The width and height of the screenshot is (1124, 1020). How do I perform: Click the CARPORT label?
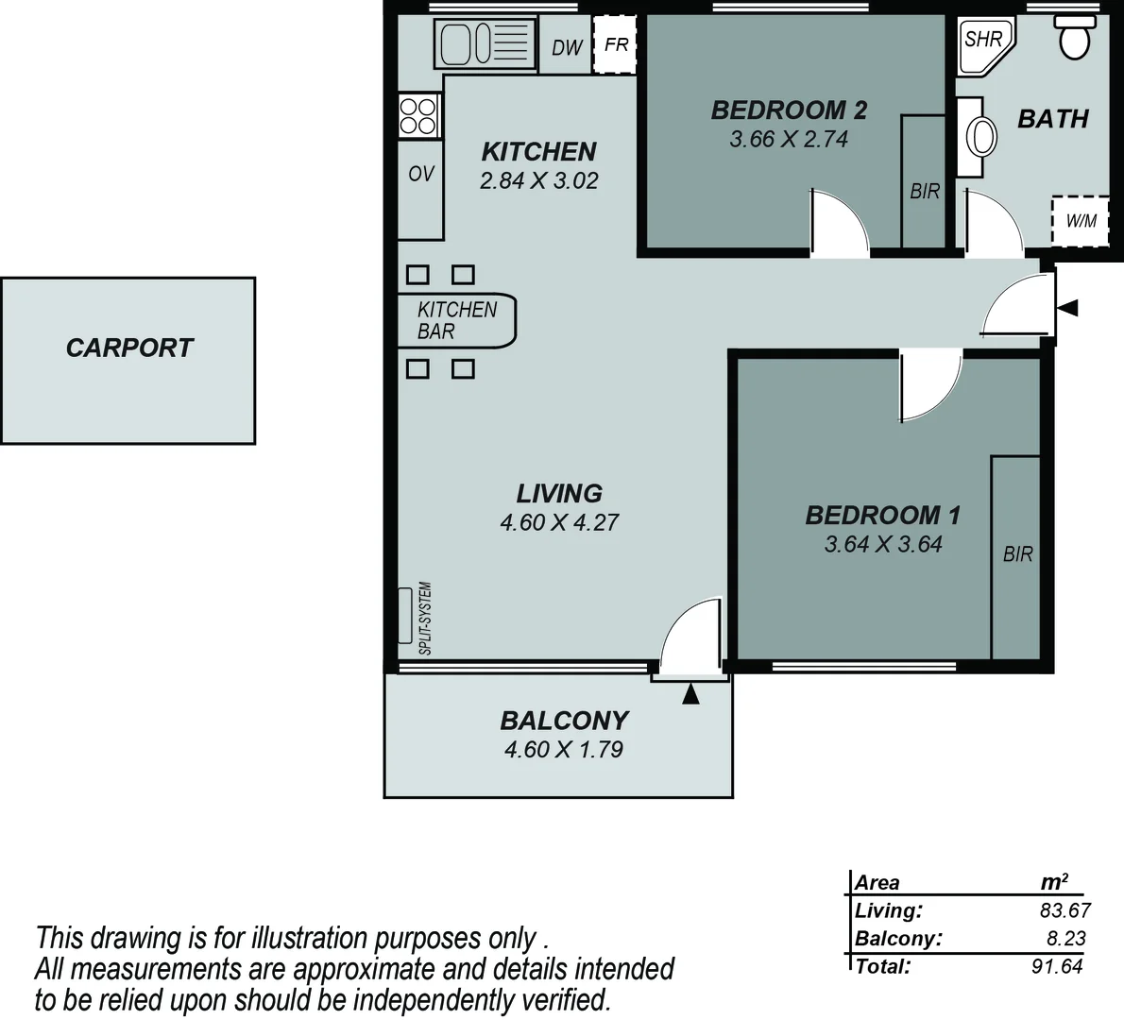[129, 348]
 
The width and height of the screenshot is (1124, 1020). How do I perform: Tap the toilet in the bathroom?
[1073, 38]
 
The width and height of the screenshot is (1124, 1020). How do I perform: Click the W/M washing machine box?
[1081, 221]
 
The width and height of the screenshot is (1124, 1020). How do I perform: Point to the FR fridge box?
[616, 44]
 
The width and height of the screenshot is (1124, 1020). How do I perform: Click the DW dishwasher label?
[567, 46]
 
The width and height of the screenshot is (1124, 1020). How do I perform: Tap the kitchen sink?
[483, 43]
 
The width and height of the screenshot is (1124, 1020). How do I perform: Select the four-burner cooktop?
[419, 116]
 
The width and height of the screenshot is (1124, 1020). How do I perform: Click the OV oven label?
[420, 174]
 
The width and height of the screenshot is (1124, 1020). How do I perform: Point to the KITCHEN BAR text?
[456, 320]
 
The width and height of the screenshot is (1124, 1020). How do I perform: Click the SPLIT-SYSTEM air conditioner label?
[425, 619]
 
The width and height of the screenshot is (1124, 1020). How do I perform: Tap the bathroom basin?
[981, 138]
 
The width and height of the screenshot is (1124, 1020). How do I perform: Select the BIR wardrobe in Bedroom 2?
[924, 191]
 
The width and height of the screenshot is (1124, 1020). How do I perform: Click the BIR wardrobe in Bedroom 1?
[1017, 554]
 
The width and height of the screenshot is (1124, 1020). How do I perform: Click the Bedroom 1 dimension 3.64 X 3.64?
[882, 544]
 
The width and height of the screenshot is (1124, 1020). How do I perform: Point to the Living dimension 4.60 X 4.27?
[559, 522]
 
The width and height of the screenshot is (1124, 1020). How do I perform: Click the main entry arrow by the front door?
[1067, 308]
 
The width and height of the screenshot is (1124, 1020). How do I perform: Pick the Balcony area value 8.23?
[1065, 939]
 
